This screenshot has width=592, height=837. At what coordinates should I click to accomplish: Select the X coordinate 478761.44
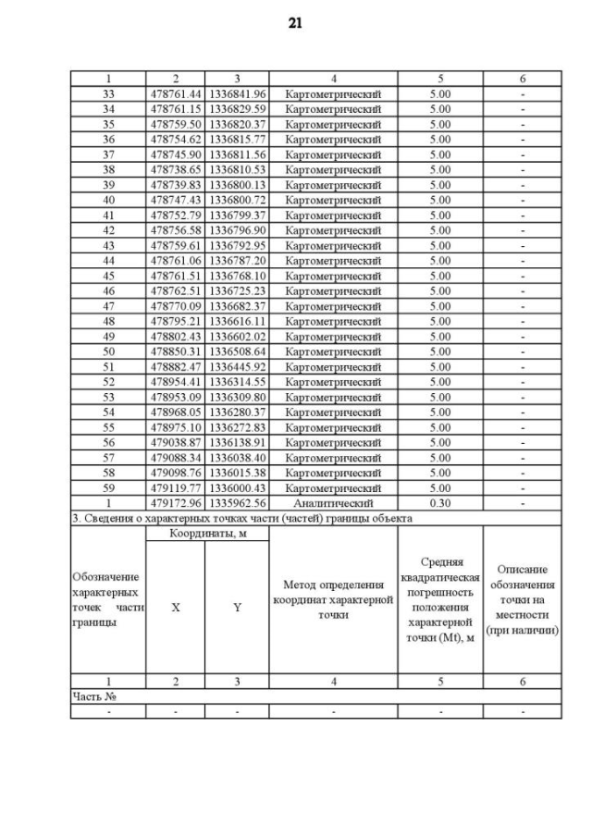click(x=175, y=93)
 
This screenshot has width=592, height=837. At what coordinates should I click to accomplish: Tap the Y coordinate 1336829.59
click(x=237, y=109)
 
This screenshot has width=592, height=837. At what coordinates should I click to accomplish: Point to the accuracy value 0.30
click(x=440, y=503)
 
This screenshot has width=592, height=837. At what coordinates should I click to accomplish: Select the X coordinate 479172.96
click(x=175, y=503)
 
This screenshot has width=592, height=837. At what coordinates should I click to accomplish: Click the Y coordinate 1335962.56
click(x=237, y=503)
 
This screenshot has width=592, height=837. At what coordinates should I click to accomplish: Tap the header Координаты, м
click(x=206, y=534)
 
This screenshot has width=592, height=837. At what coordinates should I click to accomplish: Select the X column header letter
click(x=175, y=608)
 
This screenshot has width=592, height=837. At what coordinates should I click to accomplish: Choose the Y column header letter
click(x=237, y=608)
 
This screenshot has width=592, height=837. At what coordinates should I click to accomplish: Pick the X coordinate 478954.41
click(x=175, y=382)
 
